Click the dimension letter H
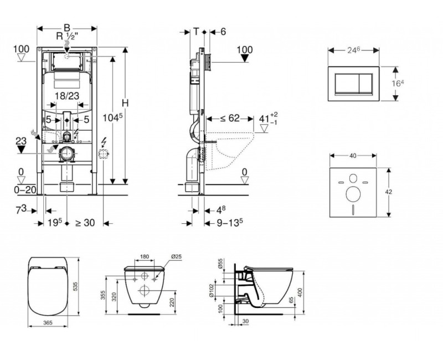pos(125,104)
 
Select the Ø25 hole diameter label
pos(177,256)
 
